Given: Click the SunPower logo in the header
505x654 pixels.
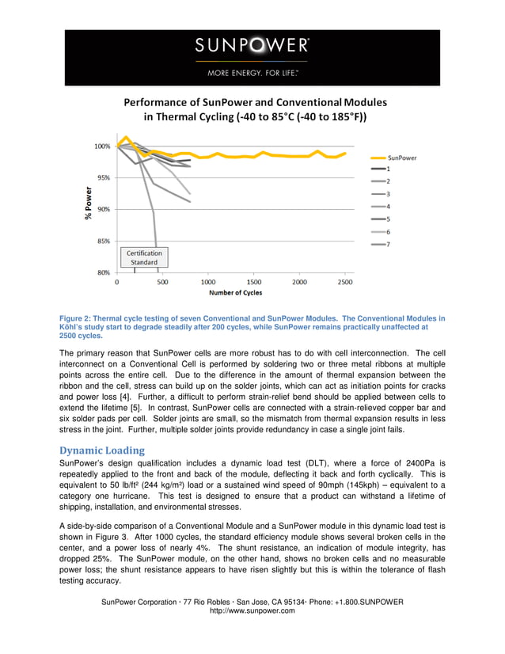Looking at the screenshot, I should click(x=252, y=45).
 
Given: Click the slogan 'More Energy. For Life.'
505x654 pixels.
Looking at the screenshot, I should click(x=252, y=72).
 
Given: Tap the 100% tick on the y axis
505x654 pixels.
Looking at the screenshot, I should click(x=102, y=146).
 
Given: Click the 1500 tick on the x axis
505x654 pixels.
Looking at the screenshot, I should click(x=253, y=281).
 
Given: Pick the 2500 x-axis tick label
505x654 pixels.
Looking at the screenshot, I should click(x=345, y=281).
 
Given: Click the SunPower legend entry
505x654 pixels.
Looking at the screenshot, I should click(x=402, y=158).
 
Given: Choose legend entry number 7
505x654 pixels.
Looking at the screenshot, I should click(x=388, y=244).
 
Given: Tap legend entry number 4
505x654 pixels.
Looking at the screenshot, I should click(x=388, y=207).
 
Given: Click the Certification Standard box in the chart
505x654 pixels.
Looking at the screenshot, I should click(x=144, y=257).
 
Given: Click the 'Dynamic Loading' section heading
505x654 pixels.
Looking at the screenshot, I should click(x=98, y=450).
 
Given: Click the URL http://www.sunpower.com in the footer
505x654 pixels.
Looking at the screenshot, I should click(x=252, y=610).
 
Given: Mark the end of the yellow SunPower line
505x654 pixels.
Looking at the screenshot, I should click(x=345, y=153).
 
